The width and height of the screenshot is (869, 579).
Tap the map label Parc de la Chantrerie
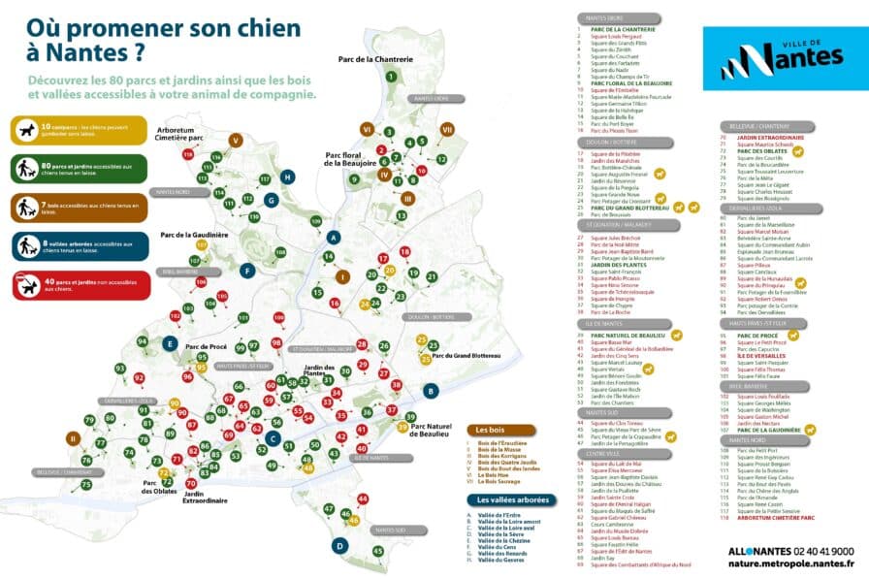(x=375, y=59)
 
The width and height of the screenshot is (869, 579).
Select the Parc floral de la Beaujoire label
(x=350, y=159)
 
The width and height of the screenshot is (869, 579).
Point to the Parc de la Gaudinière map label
(x=194, y=235)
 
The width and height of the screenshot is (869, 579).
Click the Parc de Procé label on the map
(x=206, y=346)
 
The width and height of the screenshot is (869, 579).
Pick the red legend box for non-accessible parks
(x=80, y=284)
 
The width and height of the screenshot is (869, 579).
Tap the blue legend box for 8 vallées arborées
(x=80, y=246)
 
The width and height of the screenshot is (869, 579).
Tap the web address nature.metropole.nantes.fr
(x=787, y=562)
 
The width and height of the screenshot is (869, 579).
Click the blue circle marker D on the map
(x=339, y=546)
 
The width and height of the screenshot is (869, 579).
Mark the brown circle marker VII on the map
(x=447, y=129)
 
